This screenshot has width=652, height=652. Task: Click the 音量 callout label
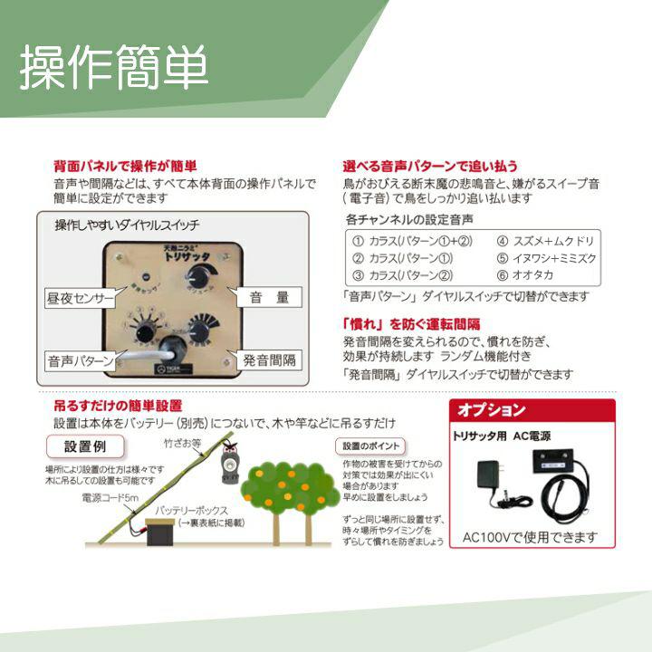coord(269,296)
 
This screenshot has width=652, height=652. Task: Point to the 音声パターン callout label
coord(81,360)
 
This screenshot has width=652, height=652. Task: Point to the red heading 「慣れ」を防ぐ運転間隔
coord(411,323)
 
